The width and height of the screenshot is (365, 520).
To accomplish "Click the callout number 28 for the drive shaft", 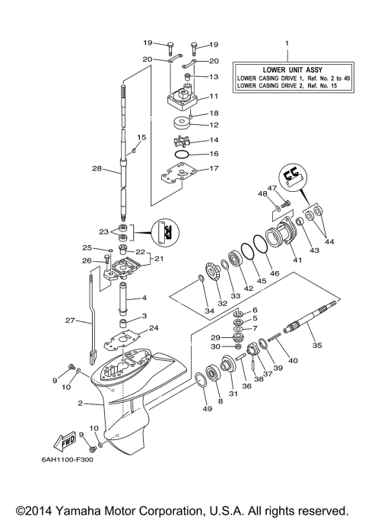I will pos(96,168).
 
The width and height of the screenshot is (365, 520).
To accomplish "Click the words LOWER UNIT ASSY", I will pos(287,69).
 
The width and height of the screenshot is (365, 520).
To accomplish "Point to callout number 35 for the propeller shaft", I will pos(317,345).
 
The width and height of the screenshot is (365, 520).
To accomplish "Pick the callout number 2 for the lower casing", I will pos(78,404).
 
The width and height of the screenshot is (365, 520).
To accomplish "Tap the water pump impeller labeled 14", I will pos(185,141).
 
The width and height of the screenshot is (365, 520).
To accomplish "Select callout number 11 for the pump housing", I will pos(213,96).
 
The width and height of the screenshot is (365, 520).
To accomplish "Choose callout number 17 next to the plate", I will pos(213,168).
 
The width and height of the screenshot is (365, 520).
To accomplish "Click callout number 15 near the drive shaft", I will pos(141,137).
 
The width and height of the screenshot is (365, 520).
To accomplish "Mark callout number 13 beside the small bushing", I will pos(213,77).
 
